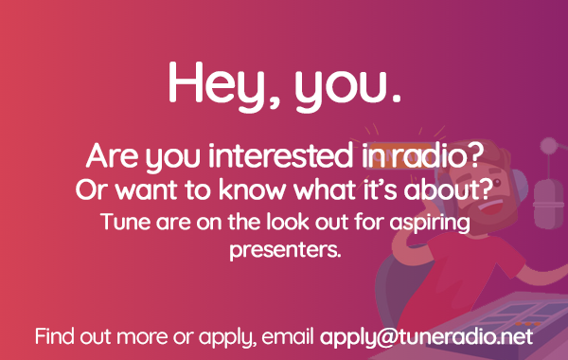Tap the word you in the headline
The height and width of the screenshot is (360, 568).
[346, 85]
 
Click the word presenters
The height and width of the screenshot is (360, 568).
[284, 252]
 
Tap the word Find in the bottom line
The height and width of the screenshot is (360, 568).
[55, 336]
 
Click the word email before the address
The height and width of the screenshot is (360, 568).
[289, 336]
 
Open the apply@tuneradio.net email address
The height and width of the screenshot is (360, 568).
[426, 336]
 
